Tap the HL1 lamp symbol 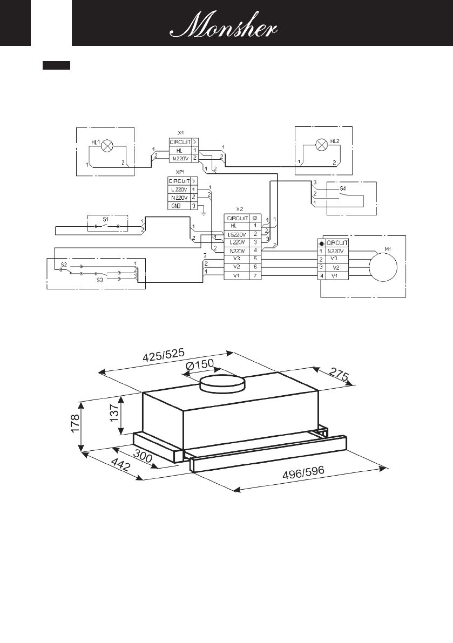pyautogui.click(x=107, y=145)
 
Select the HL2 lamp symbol pyautogui.click(x=322, y=145)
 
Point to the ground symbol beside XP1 pyautogui.click(x=202, y=212)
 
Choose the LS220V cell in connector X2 pyautogui.click(x=236, y=234)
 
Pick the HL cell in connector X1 pyautogui.click(x=179, y=149)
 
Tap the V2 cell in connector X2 pyautogui.click(x=236, y=267)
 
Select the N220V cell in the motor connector pyautogui.click(x=337, y=251)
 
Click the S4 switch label pyautogui.click(x=343, y=189)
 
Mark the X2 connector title pyautogui.click(x=240, y=208)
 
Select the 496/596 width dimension pyautogui.click(x=303, y=473)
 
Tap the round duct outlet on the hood pyautogui.click(x=223, y=384)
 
